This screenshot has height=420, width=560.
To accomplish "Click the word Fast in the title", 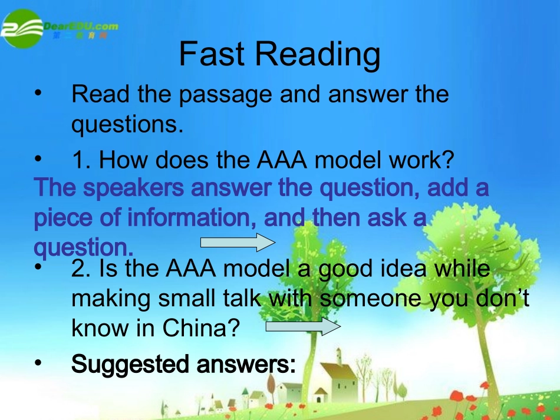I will (212, 54).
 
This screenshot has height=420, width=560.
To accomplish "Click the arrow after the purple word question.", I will (238, 242).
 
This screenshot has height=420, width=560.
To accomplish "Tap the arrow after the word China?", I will (304, 328).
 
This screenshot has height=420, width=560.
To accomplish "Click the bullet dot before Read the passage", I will (39, 94).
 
